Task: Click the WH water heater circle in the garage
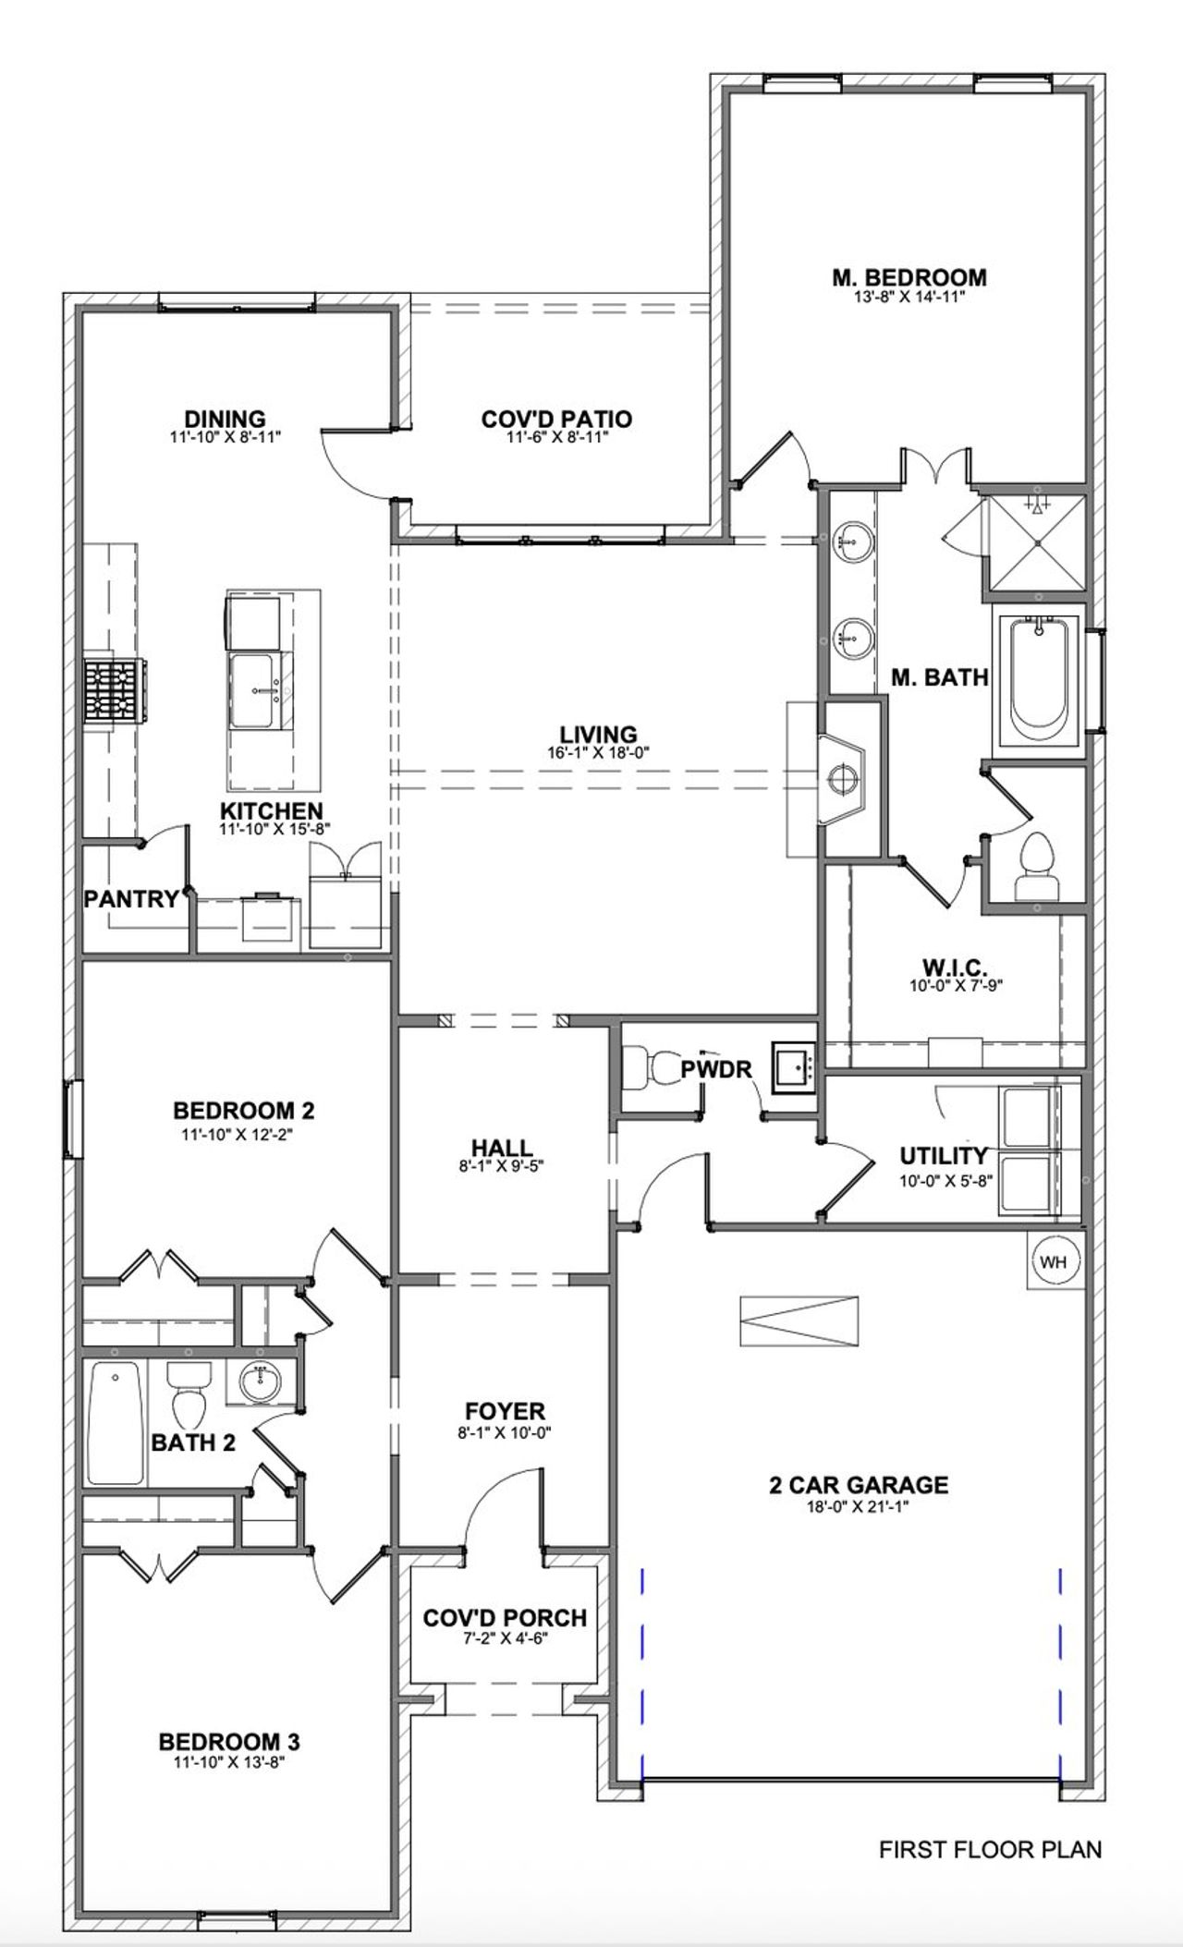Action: [x=1055, y=1262]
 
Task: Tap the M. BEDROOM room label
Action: [x=909, y=277]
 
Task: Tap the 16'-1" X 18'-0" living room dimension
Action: [x=598, y=753]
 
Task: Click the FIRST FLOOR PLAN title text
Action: [x=990, y=1850]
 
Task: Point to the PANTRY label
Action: [x=131, y=899]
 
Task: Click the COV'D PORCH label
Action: [x=505, y=1618]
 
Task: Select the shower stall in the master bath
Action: [x=1037, y=543]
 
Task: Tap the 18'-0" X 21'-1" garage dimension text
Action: [x=859, y=1506]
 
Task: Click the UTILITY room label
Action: [x=944, y=1156]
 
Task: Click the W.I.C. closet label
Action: [x=955, y=968]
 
